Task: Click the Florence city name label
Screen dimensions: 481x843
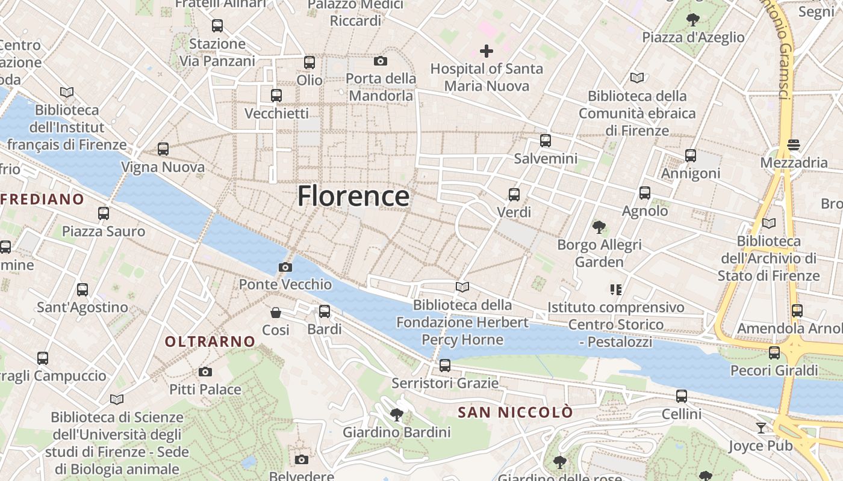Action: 353,197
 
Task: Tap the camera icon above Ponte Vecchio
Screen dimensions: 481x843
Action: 285,267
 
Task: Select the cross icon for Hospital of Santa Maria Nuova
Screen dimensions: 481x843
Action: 487,51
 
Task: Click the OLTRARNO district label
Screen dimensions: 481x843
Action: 210,342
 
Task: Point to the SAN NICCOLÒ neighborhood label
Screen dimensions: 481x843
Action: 515,412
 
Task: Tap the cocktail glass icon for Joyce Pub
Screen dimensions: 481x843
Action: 761,428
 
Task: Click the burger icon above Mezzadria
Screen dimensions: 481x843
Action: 794,145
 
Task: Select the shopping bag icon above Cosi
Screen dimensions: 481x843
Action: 276,313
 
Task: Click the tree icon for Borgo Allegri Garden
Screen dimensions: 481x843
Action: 599,227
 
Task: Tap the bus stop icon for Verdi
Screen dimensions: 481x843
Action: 514,195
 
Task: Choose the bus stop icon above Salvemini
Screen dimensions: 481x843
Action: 546,141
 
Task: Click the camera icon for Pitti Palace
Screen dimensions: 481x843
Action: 205,372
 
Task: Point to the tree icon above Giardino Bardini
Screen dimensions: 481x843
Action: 396,414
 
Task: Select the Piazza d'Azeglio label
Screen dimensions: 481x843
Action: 693,37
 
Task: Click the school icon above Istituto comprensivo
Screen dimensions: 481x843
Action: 615,290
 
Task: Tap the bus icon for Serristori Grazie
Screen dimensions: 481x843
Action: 445,365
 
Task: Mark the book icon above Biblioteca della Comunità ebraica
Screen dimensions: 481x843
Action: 637,78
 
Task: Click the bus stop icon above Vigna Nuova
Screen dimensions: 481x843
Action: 163,149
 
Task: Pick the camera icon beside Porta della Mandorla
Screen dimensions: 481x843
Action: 381,61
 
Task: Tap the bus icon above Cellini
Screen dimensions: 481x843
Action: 682,396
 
